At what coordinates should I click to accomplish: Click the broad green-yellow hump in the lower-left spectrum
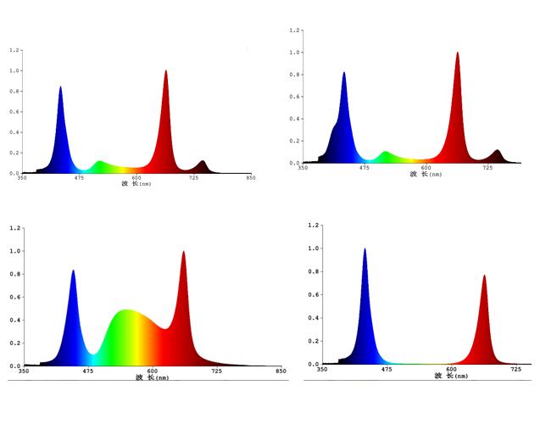click(127, 335)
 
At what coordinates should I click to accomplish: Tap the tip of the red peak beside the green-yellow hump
click(183, 253)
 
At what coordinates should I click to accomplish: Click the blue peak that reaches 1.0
click(365, 251)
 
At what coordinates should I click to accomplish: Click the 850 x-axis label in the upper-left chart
click(250, 178)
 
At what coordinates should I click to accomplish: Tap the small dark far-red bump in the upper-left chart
click(202, 165)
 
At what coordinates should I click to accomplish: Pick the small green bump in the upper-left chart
click(99, 165)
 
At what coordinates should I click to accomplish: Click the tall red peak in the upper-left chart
click(166, 102)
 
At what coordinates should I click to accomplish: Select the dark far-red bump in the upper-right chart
click(497, 155)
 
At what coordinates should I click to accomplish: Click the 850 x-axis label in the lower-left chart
click(281, 371)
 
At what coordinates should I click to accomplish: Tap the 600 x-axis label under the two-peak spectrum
click(451, 369)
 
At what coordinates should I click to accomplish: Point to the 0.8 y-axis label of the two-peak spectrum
click(314, 272)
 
